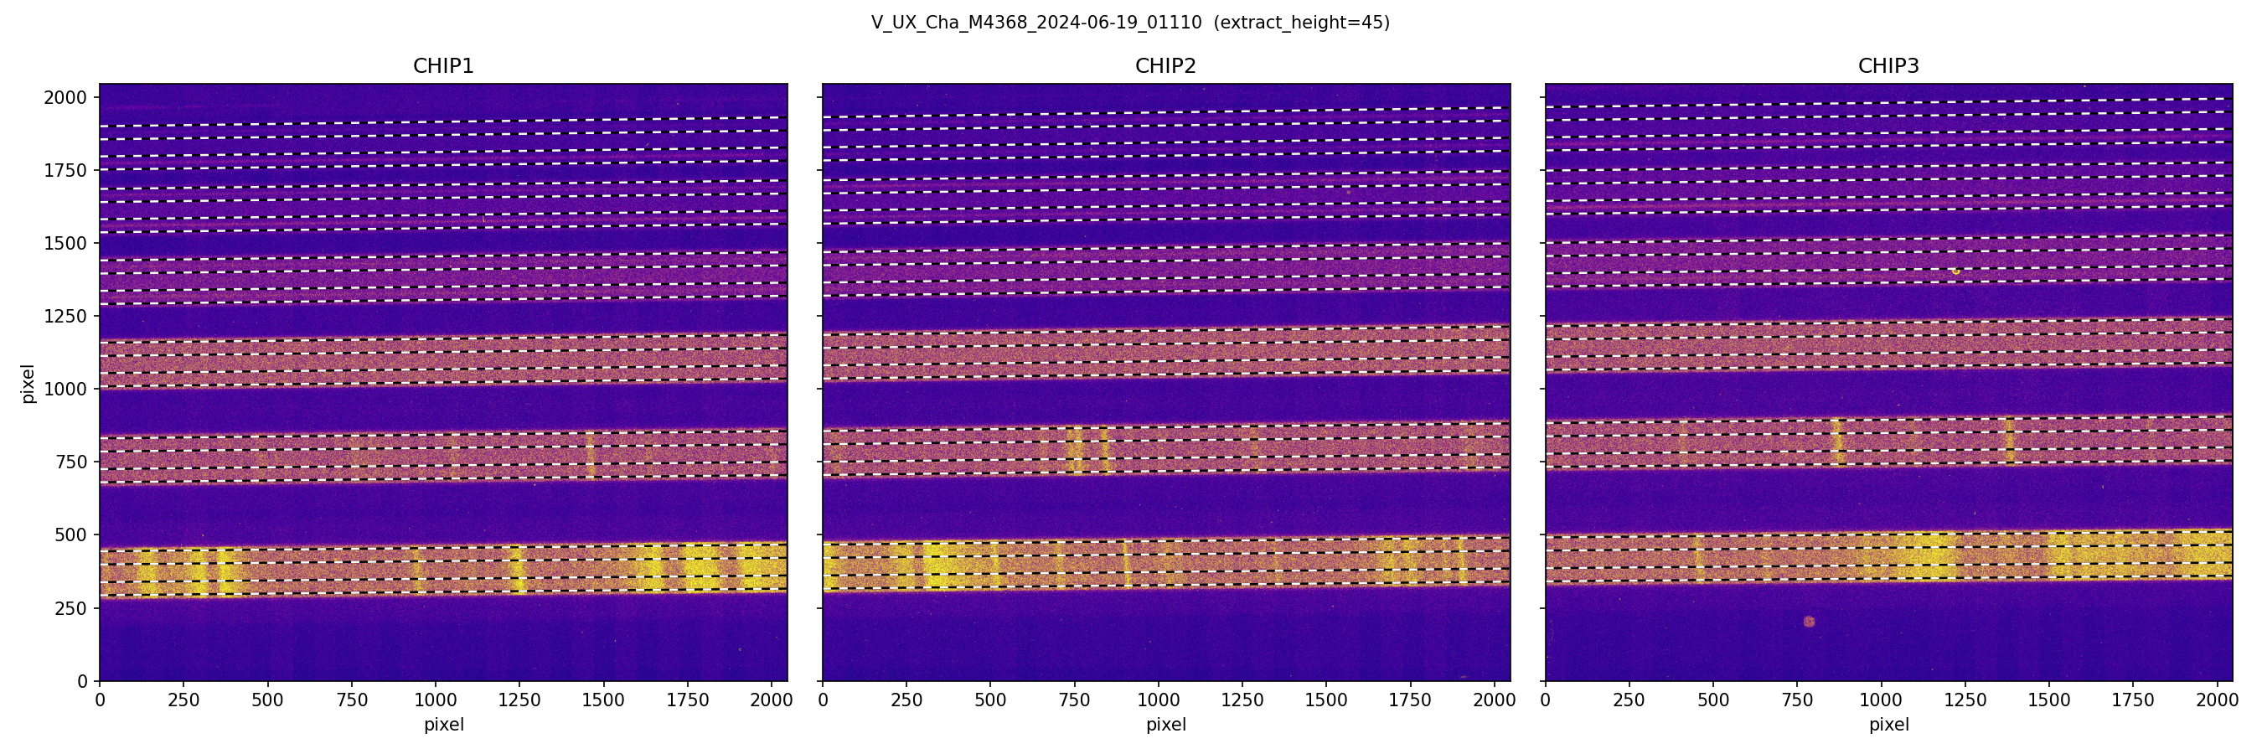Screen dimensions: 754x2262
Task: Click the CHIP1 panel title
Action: click(x=443, y=66)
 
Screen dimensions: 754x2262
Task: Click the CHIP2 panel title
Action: click(x=1165, y=66)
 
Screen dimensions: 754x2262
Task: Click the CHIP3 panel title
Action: click(x=1888, y=66)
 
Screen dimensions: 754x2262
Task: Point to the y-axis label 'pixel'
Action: click(x=28, y=383)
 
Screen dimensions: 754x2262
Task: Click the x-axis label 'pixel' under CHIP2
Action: click(x=1165, y=725)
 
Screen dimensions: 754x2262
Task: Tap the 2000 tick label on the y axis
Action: click(x=66, y=97)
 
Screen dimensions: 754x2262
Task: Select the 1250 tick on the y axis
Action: click(x=66, y=316)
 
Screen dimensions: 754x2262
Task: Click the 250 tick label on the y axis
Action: click(x=71, y=608)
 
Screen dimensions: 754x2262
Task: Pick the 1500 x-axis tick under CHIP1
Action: click(x=603, y=700)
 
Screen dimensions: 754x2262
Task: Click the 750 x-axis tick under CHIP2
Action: click(x=1075, y=700)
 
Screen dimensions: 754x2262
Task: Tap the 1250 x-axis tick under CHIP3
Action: click(x=1965, y=700)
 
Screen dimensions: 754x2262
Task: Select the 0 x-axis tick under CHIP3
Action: click(x=1546, y=700)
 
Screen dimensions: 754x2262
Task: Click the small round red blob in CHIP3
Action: click(x=1809, y=622)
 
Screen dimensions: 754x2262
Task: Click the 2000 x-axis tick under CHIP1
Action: click(x=771, y=700)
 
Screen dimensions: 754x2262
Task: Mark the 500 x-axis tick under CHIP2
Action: click(x=990, y=700)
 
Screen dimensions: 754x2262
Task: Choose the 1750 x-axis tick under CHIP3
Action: click(x=2133, y=700)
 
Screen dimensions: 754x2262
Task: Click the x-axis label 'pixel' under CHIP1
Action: click(x=443, y=725)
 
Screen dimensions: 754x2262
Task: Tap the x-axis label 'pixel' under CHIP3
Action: click(x=1888, y=725)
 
